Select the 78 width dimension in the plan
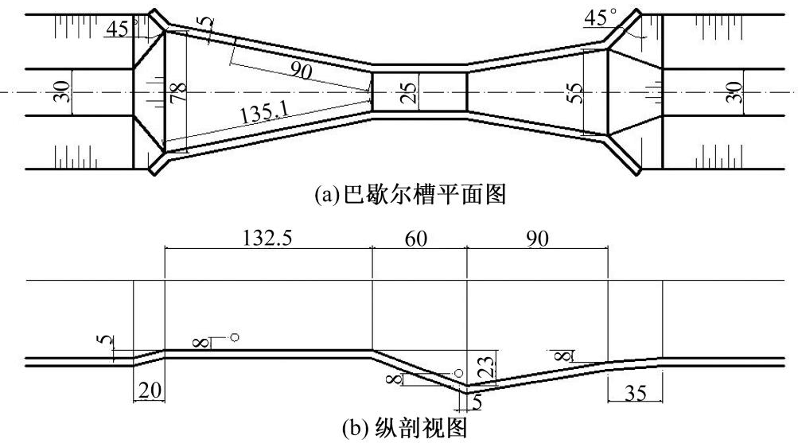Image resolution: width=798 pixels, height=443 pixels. tap(179, 92)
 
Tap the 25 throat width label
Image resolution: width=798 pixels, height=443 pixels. tap(409, 92)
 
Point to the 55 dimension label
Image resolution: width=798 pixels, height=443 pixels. tap(574, 92)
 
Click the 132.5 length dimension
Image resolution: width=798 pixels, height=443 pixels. tap(267, 238)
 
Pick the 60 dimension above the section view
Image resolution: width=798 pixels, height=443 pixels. tap(416, 238)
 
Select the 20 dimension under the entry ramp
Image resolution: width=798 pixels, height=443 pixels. tap(150, 390)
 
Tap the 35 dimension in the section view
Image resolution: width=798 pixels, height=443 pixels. tap(635, 393)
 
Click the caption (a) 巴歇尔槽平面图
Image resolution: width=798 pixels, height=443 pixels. tap(411, 195)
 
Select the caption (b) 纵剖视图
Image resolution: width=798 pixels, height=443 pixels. tap(405, 428)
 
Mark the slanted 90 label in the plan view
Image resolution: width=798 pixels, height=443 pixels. tap(301, 70)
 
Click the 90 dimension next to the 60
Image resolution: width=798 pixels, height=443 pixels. tap(537, 238)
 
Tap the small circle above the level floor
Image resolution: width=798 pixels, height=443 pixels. tap(234, 337)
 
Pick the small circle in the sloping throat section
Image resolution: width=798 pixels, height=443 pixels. tap(458, 373)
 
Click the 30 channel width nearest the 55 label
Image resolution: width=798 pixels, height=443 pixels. tap(734, 92)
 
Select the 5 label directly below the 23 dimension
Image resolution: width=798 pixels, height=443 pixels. tap(477, 402)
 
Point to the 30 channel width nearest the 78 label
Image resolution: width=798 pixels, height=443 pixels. tap(63, 92)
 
